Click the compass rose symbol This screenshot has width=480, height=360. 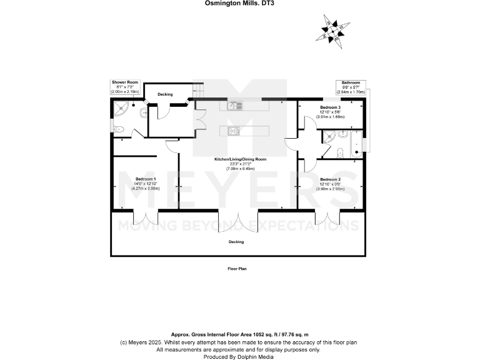pos(333,29)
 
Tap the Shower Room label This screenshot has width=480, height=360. pos(125,82)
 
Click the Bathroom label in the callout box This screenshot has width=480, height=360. pos(351,82)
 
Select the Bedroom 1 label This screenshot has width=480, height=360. pos(146,179)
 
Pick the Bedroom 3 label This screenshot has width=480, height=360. pos(331,107)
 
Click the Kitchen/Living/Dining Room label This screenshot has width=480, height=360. pos(240,159)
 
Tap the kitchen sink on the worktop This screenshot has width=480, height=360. pos(235,106)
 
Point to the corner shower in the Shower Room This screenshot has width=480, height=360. pos(120,109)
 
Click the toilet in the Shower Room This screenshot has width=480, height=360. pos(120,129)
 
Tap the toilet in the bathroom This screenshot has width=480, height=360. pos(337,152)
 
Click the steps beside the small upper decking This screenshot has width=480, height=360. pos(198,91)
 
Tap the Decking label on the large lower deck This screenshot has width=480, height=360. pos(236,241)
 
